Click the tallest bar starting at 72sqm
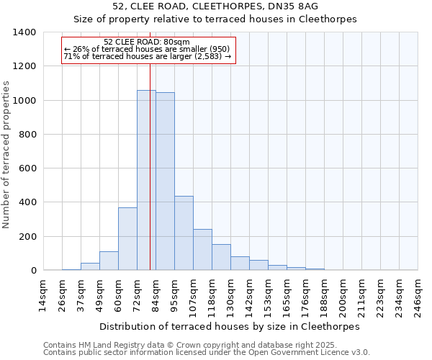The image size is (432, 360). (x=146, y=180)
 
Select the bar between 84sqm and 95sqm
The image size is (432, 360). (x=165, y=181)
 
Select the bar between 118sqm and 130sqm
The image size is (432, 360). (x=221, y=257)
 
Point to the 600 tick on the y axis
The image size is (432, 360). (x=27, y=168)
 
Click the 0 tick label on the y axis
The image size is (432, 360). (x=33, y=271)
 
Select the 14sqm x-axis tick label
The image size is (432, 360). (x=43, y=295)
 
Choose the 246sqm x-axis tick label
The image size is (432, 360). (x=418, y=295)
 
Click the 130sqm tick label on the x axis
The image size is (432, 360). (x=230, y=295)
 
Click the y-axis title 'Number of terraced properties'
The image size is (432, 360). (x=7, y=155)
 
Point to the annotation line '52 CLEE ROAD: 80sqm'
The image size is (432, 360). (x=147, y=42)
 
